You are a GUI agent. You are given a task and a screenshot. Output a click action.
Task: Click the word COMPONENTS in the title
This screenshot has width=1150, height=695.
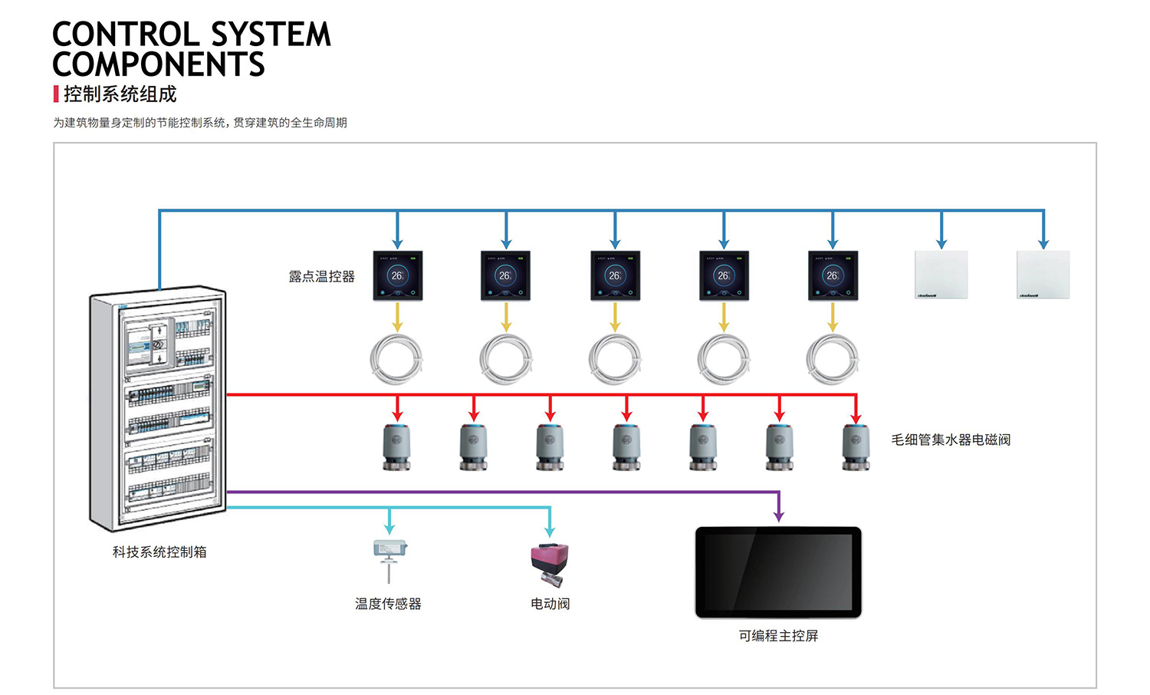pos(159,64)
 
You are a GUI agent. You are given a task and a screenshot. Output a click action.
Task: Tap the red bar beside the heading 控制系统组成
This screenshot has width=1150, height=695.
pos(56,94)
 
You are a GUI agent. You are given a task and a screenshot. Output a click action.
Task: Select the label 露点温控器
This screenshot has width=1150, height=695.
pos(321,277)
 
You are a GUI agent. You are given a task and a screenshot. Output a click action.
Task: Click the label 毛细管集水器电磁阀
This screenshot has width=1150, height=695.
pos(950,440)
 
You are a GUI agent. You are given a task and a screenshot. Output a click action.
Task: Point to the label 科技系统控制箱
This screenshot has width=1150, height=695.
pos(159,552)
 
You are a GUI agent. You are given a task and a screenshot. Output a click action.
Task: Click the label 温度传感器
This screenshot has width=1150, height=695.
pos(388,604)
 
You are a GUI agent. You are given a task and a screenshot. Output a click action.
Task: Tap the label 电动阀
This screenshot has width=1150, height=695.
pos(550,604)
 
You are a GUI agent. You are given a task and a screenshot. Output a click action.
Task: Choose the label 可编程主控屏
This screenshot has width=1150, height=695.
pos(778,636)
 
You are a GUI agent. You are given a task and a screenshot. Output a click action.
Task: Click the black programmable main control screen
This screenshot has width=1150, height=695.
pos(778,571)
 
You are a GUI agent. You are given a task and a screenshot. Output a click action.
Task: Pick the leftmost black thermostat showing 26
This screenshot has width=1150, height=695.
pos(397,275)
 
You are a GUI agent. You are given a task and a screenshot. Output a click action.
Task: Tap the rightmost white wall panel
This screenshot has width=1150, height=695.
pos(1043,274)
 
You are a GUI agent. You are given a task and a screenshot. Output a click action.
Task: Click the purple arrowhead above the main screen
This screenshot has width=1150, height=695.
pos(779,517)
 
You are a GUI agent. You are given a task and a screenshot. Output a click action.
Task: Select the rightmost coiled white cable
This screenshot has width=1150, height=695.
pos(833,359)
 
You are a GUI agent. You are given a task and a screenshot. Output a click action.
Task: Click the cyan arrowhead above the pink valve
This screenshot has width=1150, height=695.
pos(549,532)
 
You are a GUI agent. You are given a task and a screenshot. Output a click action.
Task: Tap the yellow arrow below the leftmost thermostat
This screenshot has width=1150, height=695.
pos(397,317)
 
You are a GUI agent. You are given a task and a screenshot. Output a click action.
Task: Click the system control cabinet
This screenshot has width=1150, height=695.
pos(159,410)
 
